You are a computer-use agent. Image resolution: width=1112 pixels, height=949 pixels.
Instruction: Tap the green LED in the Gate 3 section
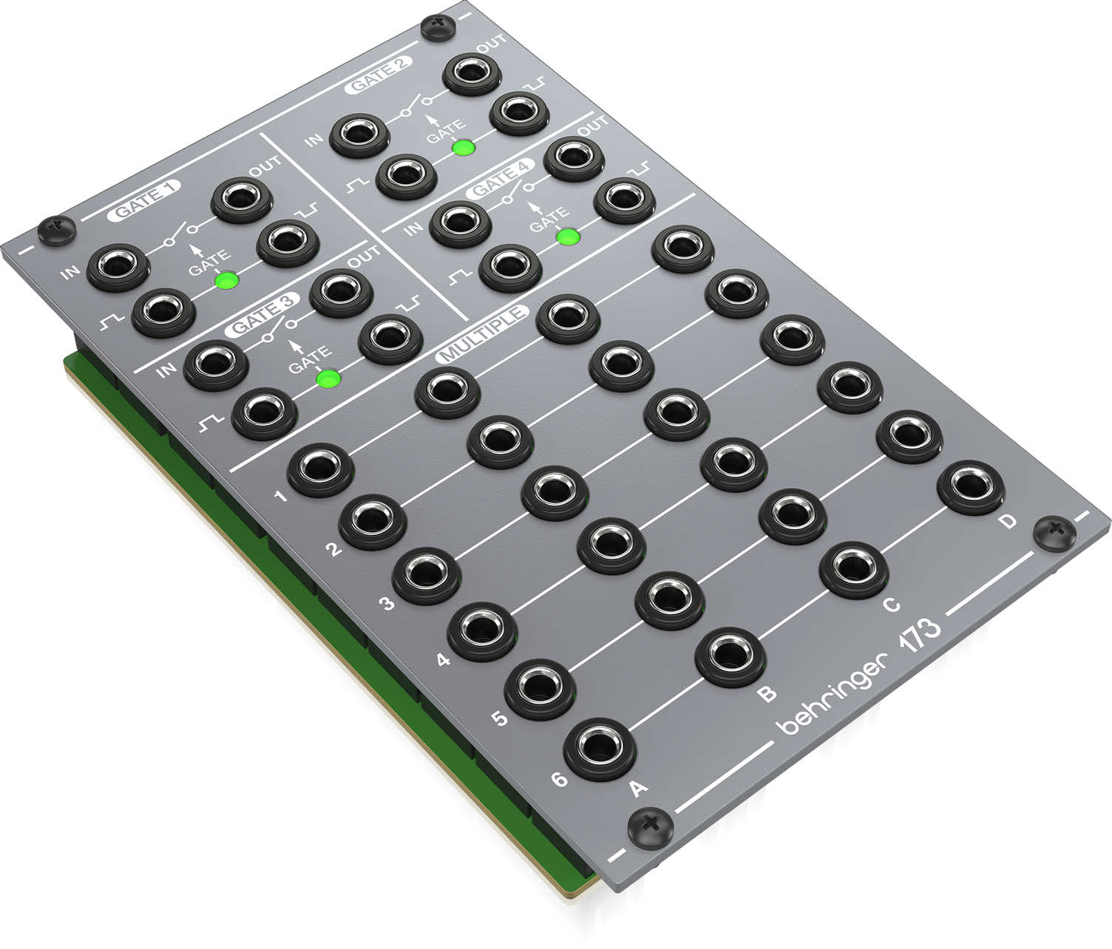(x=327, y=378)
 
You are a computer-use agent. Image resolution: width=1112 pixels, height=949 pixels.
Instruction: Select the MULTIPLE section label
(x=483, y=334)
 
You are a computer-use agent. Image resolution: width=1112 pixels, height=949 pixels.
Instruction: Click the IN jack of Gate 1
(x=114, y=267)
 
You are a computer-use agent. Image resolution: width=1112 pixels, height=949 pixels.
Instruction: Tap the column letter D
(x=1008, y=522)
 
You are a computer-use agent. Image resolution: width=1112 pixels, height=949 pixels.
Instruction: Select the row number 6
(x=559, y=778)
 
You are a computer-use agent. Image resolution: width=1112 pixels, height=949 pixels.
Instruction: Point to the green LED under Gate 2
(x=463, y=147)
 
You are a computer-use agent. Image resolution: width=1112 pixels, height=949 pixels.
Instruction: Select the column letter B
(x=767, y=693)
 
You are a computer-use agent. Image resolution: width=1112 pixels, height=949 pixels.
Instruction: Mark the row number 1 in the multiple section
(x=280, y=495)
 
